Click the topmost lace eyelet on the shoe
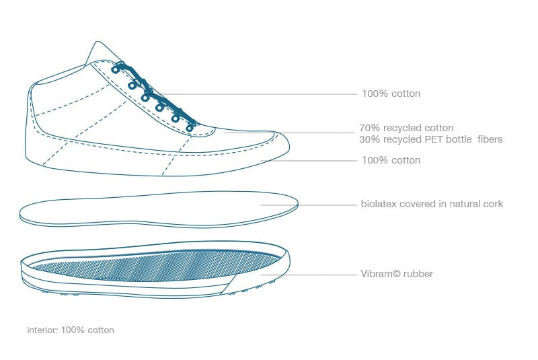(115, 69)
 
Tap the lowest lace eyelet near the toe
(190, 129)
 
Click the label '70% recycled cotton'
(406, 128)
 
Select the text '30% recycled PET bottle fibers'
(431, 139)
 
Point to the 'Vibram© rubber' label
(397, 274)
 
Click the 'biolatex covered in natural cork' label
(432, 204)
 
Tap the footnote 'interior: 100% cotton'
(71, 330)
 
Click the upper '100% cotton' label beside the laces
(391, 94)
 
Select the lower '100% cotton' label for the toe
(391, 160)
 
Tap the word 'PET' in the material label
(426, 139)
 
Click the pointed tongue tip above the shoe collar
(98, 42)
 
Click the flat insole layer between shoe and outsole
(159, 209)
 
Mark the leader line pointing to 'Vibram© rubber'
(309, 275)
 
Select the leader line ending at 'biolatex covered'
(309, 205)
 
